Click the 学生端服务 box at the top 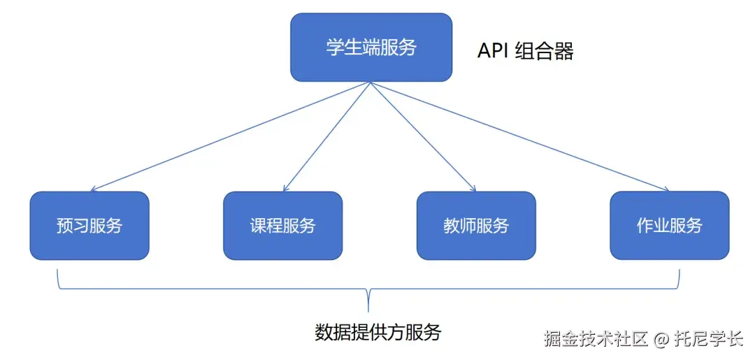[x=371, y=48]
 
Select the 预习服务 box [x=89, y=226]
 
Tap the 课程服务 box [x=282, y=226]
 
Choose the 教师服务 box [x=476, y=226]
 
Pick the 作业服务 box [x=669, y=226]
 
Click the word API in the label [x=492, y=51]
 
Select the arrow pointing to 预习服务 [x=231, y=136]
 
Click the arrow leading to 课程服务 [x=326, y=136]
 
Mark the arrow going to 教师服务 [x=423, y=136]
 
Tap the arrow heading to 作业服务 [x=519, y=136]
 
